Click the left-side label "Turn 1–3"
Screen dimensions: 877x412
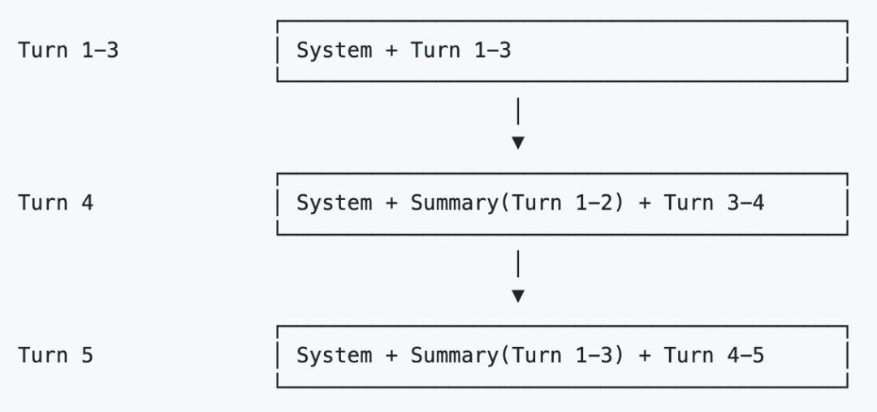(68, 50)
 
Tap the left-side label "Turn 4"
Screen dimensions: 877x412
(55, 202)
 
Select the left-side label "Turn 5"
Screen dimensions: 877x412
(55, 355)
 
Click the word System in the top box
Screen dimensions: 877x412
(334, 50)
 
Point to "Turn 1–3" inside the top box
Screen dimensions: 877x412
(461, 50)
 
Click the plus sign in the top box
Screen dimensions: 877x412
(391, 50)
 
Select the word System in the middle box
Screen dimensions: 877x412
(334, 202)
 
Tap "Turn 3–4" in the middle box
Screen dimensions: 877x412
(714, 202)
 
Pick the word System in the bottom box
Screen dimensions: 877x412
(334, 355)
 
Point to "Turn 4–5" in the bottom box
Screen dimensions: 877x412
(714, 355)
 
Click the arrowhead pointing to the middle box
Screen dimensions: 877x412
(518, 143)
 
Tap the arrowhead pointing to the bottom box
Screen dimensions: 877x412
(518, 296)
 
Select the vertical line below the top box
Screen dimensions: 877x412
(518, 111)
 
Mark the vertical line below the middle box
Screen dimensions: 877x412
(518, 263)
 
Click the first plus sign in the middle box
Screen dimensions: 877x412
(391, 202)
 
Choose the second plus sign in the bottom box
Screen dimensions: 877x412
(644, 355)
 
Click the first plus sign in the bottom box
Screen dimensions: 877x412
(391, 355)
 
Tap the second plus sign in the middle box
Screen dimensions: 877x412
(644, 202)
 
